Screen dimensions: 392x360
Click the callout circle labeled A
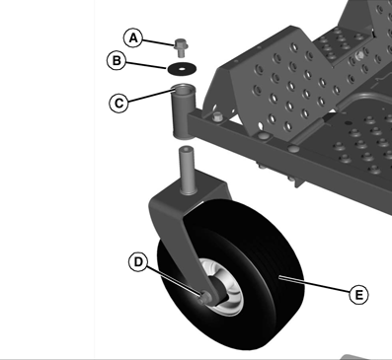point(133,38)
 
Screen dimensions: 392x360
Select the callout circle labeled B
point(117,61)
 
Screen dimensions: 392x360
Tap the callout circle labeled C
point(118,104)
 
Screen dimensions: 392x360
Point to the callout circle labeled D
point(138,262)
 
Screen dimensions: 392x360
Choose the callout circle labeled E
point(358,294)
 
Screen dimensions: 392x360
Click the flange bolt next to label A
point(181,48)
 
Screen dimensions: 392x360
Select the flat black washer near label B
point(182,69)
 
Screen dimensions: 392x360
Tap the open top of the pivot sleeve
point(184,89)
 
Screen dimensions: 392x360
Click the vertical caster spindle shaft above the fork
point(188,170)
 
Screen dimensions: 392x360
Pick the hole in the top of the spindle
point(187,150)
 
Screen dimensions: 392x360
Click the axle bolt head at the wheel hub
point(205,297)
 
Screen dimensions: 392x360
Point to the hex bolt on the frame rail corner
point(217,116)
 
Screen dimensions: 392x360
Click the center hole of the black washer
point(182,69)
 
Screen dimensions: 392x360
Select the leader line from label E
point(314,285)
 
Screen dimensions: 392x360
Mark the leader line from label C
point(150,95)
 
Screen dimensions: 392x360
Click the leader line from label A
point(158,42)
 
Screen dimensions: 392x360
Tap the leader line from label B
point(146,65)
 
